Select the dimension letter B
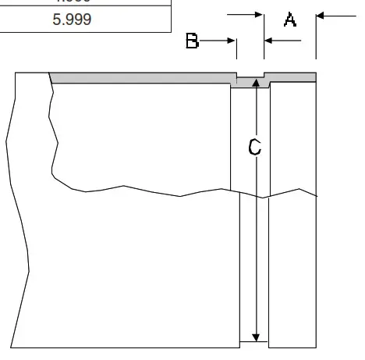(x=193, y=41)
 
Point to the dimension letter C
(x=254, y=147)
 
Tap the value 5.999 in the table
(x=72, y=19)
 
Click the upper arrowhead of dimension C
(x=255, y=81)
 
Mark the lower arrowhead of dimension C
(x=255, y=336)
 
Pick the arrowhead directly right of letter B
(x=232, y=41)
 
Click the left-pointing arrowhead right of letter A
(x=321, y=14)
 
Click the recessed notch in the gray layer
(x=252, y=79)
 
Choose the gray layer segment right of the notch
(x=292, y=76)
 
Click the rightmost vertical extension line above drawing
(x=316, y=35)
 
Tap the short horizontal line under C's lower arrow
(x=255, y=342)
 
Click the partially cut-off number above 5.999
(x=72, y=2)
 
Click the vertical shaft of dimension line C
(x=255, y=234)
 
